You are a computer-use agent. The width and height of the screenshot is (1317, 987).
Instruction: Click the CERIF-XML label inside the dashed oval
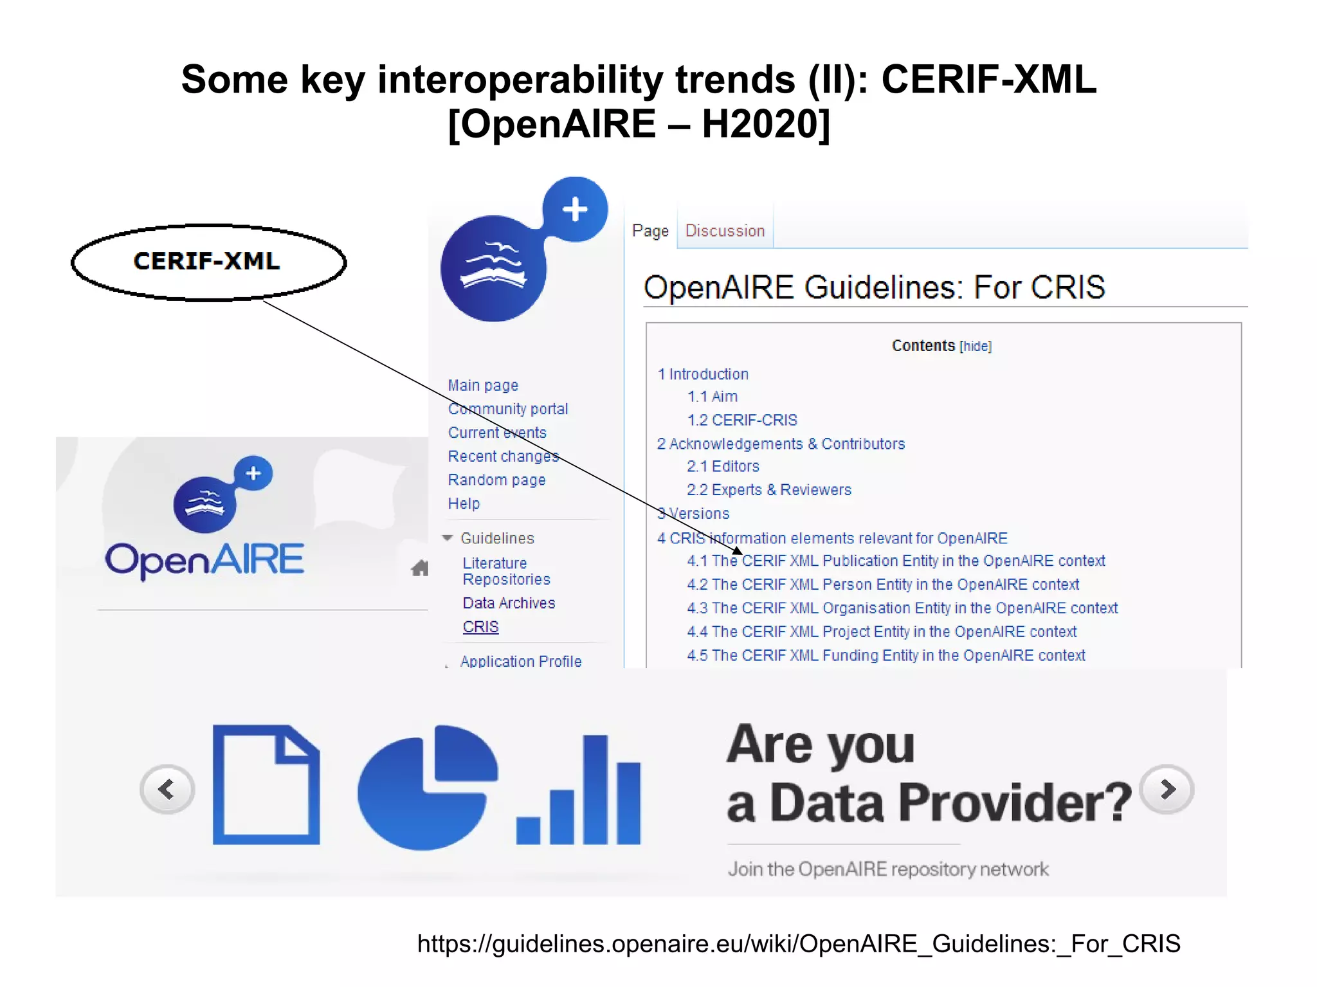[x=206, y=261]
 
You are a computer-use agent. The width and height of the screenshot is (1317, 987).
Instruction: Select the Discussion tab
[x=725, y=231]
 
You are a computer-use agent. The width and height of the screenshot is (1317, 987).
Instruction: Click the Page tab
[x=650, y=231]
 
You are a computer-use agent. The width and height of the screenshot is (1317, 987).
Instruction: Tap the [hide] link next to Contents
[x=976, y=347]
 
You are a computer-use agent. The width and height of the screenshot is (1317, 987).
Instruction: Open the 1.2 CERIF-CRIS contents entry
[x=741, y=421]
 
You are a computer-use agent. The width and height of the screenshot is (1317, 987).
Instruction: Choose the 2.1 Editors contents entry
[x=723, y=466]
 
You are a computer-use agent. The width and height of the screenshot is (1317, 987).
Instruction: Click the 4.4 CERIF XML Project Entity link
[x=882, y=632]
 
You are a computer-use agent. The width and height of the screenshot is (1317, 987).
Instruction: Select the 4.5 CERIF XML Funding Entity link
[x=886, y=656]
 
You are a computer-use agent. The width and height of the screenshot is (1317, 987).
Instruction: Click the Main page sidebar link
[x=483, y=386]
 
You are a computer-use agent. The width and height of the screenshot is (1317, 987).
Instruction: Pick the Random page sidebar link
[x=496, y=480]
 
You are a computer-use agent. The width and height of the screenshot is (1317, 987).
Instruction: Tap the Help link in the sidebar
[x=464, y=504]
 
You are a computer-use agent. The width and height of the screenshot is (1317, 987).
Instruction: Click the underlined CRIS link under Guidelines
[x=480, y=627]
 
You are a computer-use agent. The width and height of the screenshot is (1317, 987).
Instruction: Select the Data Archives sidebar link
[x=509, y=603]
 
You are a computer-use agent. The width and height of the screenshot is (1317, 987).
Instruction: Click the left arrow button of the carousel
[x=167, y=789]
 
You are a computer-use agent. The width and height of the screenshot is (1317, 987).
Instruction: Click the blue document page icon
[x=266, y=784]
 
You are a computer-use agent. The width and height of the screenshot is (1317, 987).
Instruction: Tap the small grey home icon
[x=420, y=568]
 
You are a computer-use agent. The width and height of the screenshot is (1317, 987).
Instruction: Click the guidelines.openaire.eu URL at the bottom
[x=798, y=944]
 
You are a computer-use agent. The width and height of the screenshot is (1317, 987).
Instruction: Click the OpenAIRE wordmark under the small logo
[x=204, y=559]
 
